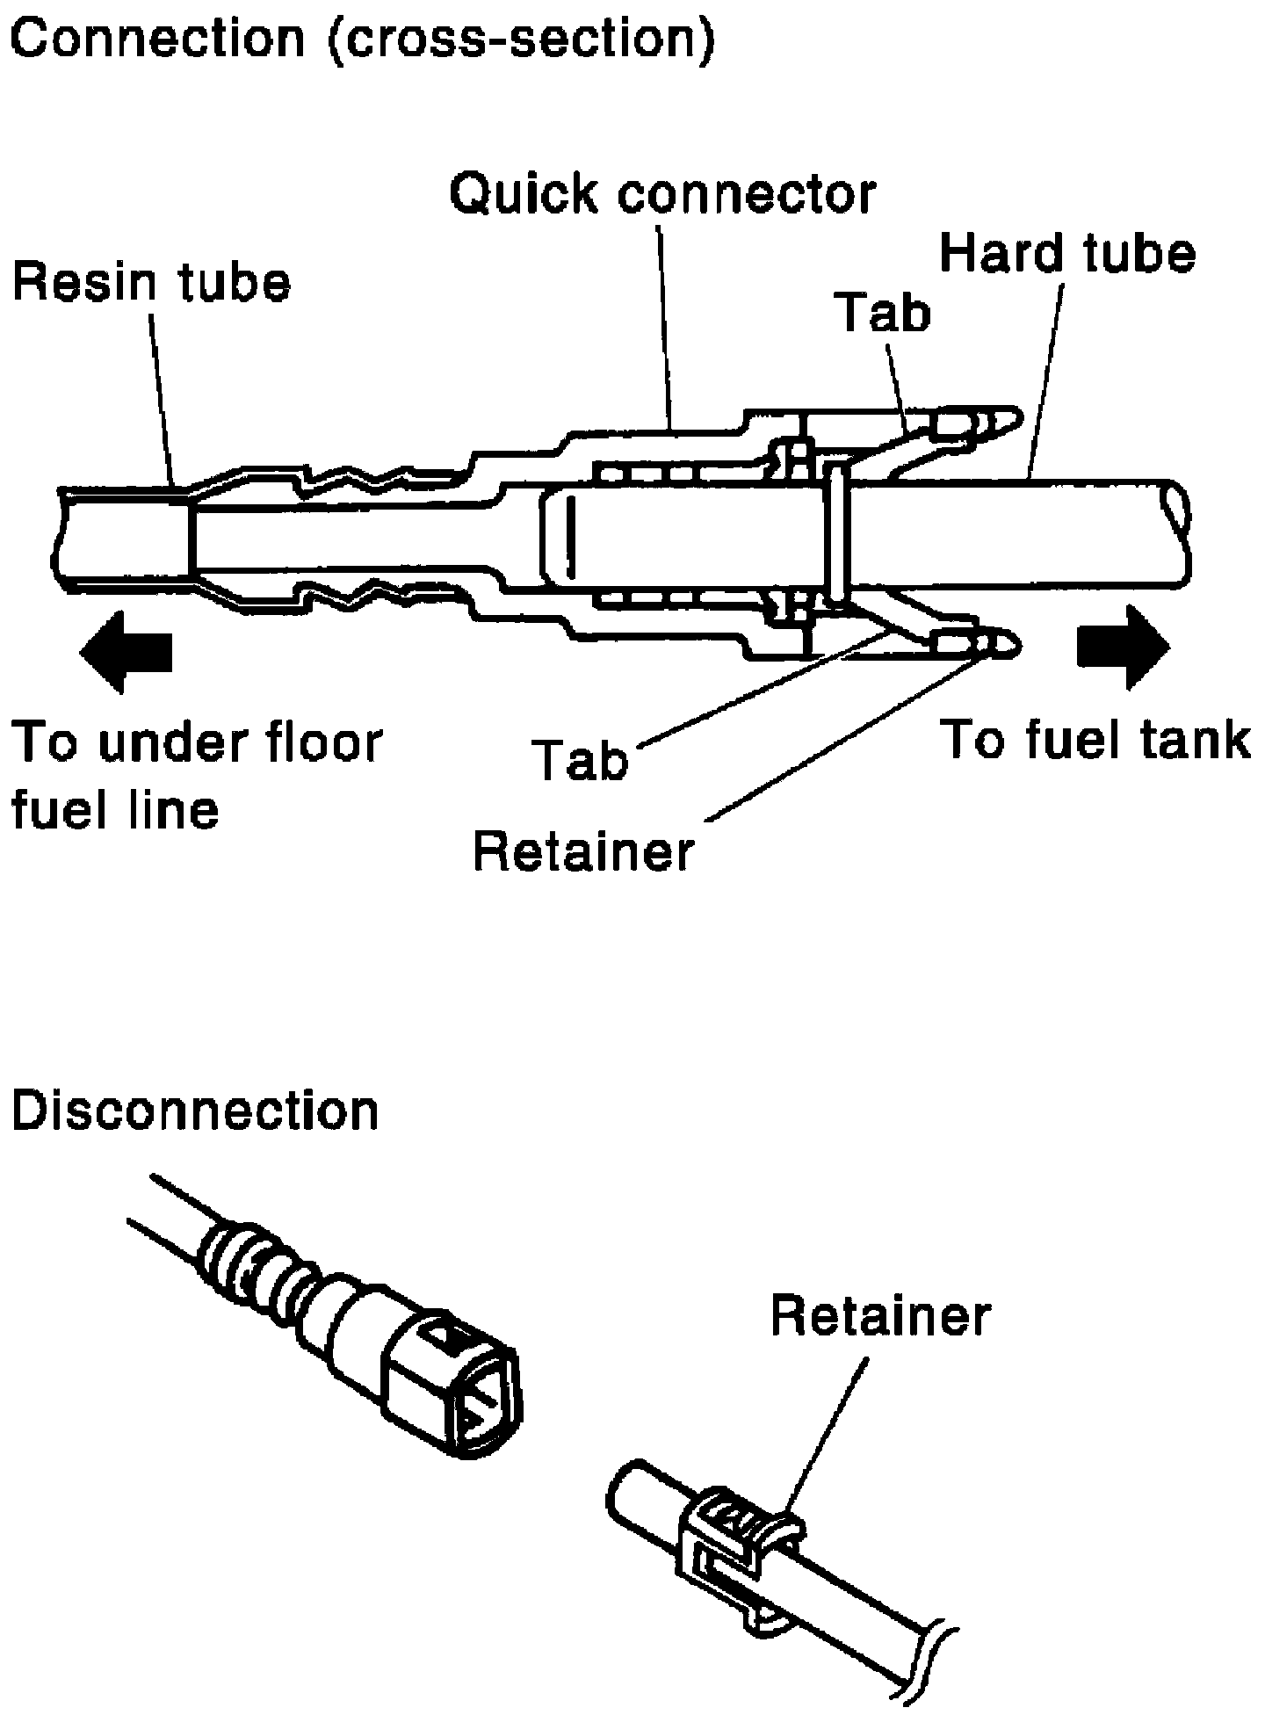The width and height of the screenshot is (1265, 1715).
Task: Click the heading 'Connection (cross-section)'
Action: tap(363, 39)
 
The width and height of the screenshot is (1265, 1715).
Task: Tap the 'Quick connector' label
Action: tap(663, 194)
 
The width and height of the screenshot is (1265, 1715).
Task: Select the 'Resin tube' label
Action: tap(150, 283)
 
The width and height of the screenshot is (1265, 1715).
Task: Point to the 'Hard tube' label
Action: tap(1067, 253)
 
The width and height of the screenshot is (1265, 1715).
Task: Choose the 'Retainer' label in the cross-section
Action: tap(583, 850)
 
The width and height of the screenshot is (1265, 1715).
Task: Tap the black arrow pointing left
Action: tap(126, 652)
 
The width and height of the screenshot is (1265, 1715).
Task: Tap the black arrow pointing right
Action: tap(1124, 648)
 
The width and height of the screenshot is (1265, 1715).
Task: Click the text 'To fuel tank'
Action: tap(1095, 740)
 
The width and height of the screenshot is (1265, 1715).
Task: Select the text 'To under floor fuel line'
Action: tap(197, 775)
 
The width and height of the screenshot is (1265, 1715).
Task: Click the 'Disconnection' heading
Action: tap(194, 1111)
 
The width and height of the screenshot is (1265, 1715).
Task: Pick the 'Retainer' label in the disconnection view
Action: tap(880, 1316)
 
